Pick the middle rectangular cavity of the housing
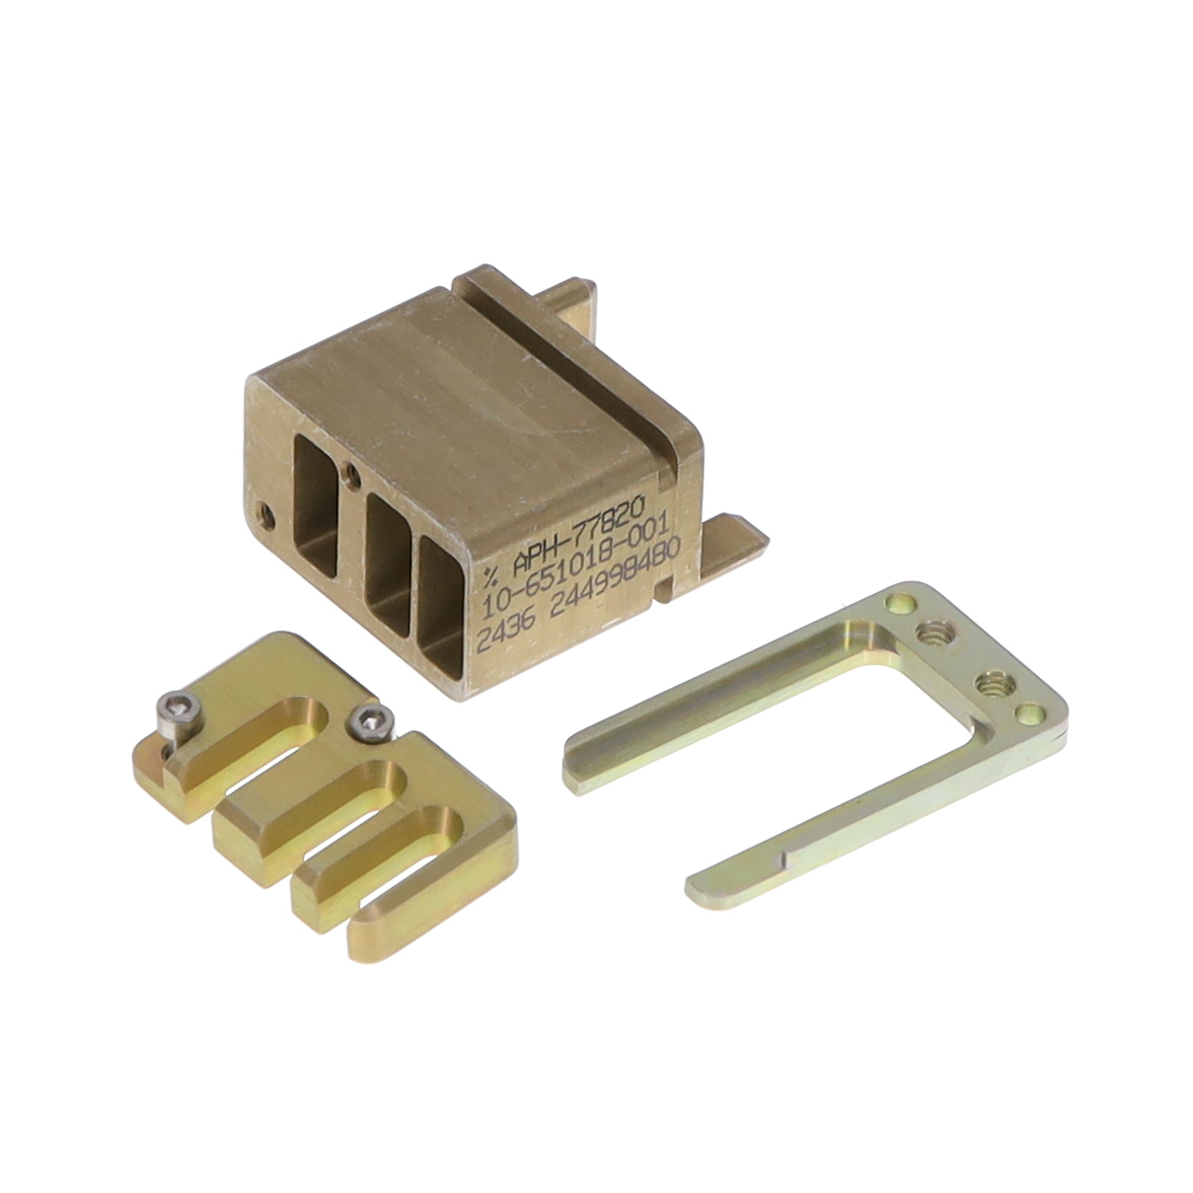(x=387, y=548)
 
